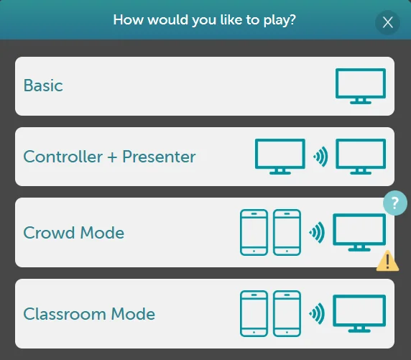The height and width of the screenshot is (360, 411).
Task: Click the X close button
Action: pos(388,22)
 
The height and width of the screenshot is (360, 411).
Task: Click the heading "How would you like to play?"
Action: pos(205,19)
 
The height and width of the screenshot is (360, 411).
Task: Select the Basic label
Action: pos(43,86)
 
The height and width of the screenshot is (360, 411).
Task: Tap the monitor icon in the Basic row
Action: pos(361,86)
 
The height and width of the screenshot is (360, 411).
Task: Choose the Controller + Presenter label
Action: pos(109,157)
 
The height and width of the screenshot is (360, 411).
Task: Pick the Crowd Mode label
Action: pos(73,233)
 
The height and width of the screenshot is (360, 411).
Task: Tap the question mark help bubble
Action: pos(395,203)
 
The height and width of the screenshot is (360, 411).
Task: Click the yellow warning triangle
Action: pos(388,260)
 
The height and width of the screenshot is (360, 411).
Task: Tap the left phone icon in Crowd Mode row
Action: pos(254,232)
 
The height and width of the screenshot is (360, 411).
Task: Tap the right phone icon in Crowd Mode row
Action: pos(287,232)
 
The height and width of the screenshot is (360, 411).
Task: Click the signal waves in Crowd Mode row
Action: pos(315,232)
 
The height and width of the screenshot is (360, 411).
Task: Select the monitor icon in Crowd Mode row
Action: pos(359,232)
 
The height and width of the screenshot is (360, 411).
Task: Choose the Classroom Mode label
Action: pos(89,314)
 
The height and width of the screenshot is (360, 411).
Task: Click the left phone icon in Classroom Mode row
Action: pos(254,313)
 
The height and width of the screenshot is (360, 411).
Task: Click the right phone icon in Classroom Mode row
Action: pos(287,313)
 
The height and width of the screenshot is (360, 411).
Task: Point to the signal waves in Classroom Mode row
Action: pos(315,313)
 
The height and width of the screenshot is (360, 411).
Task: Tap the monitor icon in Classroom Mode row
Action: pos(359,313)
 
